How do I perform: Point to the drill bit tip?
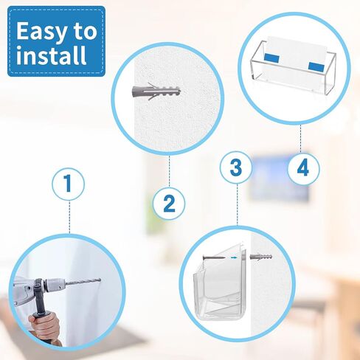coord(100,280)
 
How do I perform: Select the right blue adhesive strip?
coord(316,66)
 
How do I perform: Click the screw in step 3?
coord(214,257)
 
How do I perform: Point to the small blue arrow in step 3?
coord(235,257)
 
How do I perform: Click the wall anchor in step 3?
coord(261,257)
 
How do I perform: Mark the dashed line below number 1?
coord(69,217)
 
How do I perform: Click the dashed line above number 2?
coord(170,171)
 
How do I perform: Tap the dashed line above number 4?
coord(301,139)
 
